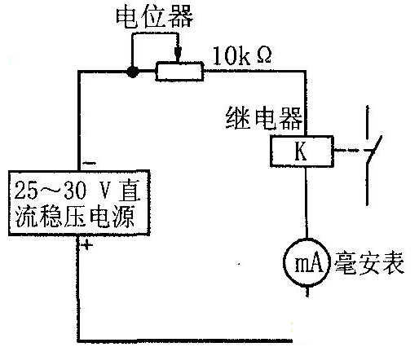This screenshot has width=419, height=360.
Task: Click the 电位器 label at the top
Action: pos(155,18)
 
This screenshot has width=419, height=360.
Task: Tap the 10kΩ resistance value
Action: pos(242,56)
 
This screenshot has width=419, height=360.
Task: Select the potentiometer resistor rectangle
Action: pos(179,72)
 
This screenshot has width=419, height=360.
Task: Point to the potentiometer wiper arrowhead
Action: pos(178,55)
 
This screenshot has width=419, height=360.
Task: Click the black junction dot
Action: pos(133,72)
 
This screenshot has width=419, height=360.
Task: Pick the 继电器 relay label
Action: pos(264,118)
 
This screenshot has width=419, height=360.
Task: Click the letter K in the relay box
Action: pos(301,151)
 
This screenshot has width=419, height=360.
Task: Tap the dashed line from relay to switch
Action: pos(350,150)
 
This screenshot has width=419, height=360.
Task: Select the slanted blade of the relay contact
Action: pos(374,149)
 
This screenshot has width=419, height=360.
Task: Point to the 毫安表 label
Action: pos(369,263)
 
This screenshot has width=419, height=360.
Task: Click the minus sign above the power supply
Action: pos(90,163)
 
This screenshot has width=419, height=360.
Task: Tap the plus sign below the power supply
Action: pos(86,245)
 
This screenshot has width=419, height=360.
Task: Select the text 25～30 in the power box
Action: pos(51,190)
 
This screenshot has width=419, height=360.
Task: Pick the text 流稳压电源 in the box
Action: pos(75,217)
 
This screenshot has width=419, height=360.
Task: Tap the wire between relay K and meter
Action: pos(307,203)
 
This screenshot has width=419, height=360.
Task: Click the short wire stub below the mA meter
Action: pos(307,292)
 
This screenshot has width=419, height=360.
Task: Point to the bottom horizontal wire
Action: pos(185,340)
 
